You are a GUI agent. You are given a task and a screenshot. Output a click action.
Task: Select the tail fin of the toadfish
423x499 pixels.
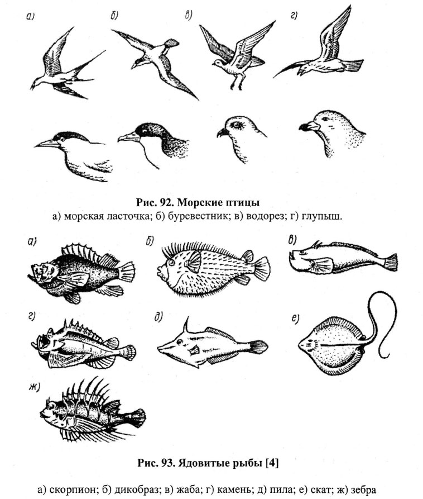[391, 262]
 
